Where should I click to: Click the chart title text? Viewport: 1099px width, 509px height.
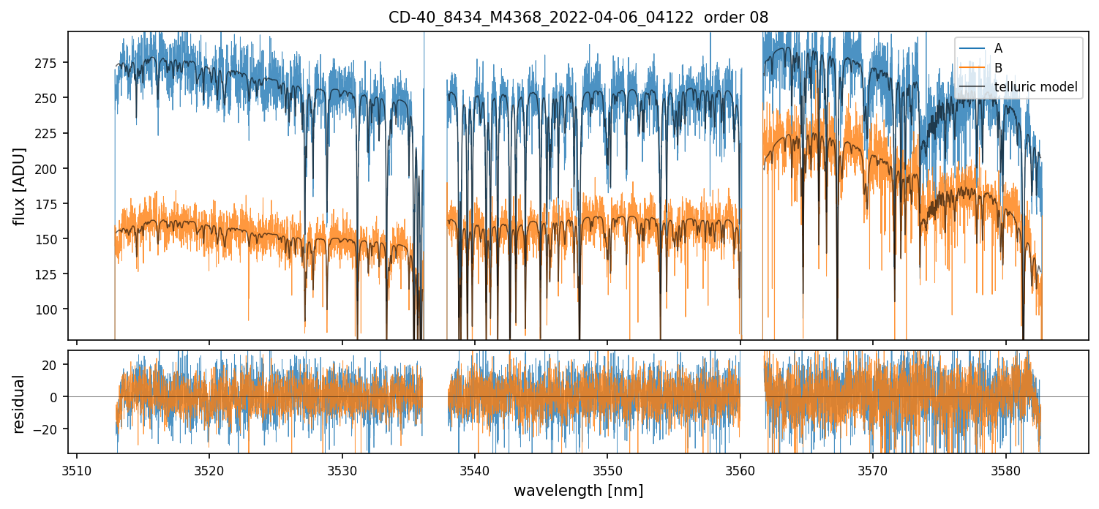click(x=578, y=18)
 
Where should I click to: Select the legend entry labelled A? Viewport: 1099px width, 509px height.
click(x=998, y=49)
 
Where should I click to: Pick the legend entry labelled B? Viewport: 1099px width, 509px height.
click(x=998, y=68)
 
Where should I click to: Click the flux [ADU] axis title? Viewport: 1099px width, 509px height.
click(x=20, y=186)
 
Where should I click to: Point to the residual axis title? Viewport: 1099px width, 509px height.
click(x=20, y=404)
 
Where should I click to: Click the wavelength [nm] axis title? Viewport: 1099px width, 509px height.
click(x=578, y=491)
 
